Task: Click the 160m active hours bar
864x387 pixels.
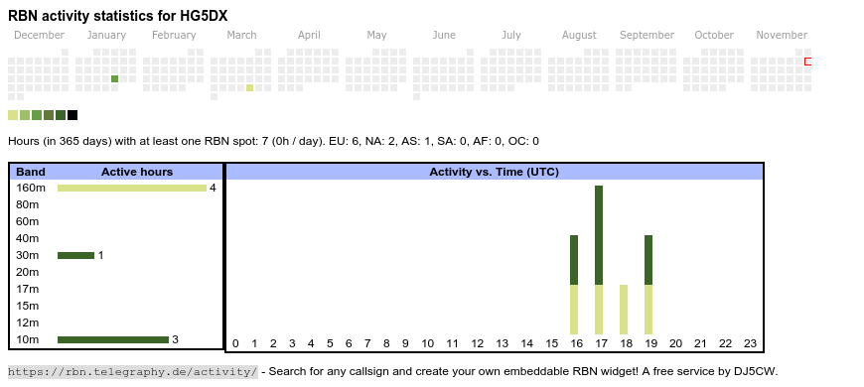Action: click(132, 189)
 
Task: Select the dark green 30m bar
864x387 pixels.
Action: click(76, 255)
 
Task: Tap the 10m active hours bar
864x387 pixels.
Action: click(113, 339)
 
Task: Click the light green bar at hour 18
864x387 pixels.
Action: click(624, 310)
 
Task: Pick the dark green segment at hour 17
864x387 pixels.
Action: click(599, 235)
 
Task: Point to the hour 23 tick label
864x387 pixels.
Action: click(750, 343)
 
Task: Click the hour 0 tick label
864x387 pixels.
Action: click(235, 343)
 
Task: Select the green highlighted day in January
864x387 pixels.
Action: click(114, 78)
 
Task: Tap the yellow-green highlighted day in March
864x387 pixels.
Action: click(249, 87)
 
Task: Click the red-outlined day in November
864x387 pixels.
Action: click(807, 62)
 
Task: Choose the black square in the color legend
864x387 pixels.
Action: click(72, 115)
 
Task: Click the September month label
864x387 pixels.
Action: click(647, 36)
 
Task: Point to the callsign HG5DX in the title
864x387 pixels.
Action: click(204, 16)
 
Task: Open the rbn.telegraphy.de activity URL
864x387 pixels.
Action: click(133, 371)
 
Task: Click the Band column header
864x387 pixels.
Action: click(31, 172)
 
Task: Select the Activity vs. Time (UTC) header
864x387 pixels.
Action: click(495, 172)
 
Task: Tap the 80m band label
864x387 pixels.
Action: click(28, 204)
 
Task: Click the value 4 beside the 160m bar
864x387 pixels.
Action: click(213, 189)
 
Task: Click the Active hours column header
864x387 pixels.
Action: click(137, 172)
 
